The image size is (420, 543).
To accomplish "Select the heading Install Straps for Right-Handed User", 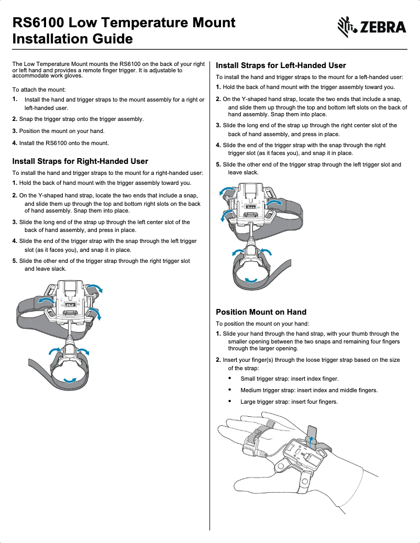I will click(x=80, y=161).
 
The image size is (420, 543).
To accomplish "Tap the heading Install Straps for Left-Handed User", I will click(x=281, y=65).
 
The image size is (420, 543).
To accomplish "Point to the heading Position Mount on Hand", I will click(x=261, y=312).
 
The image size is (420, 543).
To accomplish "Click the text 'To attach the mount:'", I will click(x=39, y=90).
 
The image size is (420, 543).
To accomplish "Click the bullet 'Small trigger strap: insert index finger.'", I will click(x=289, y=379).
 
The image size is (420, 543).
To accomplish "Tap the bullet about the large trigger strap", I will click(x=289, y=402).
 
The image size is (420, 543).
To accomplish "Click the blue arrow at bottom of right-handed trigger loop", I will click(x=69, y=380).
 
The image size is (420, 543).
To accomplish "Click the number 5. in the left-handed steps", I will click(x=218, y=164).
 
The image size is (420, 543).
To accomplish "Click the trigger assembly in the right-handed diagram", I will click(x=70, y=350).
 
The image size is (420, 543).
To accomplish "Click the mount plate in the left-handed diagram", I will click(x=251, y=204).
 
